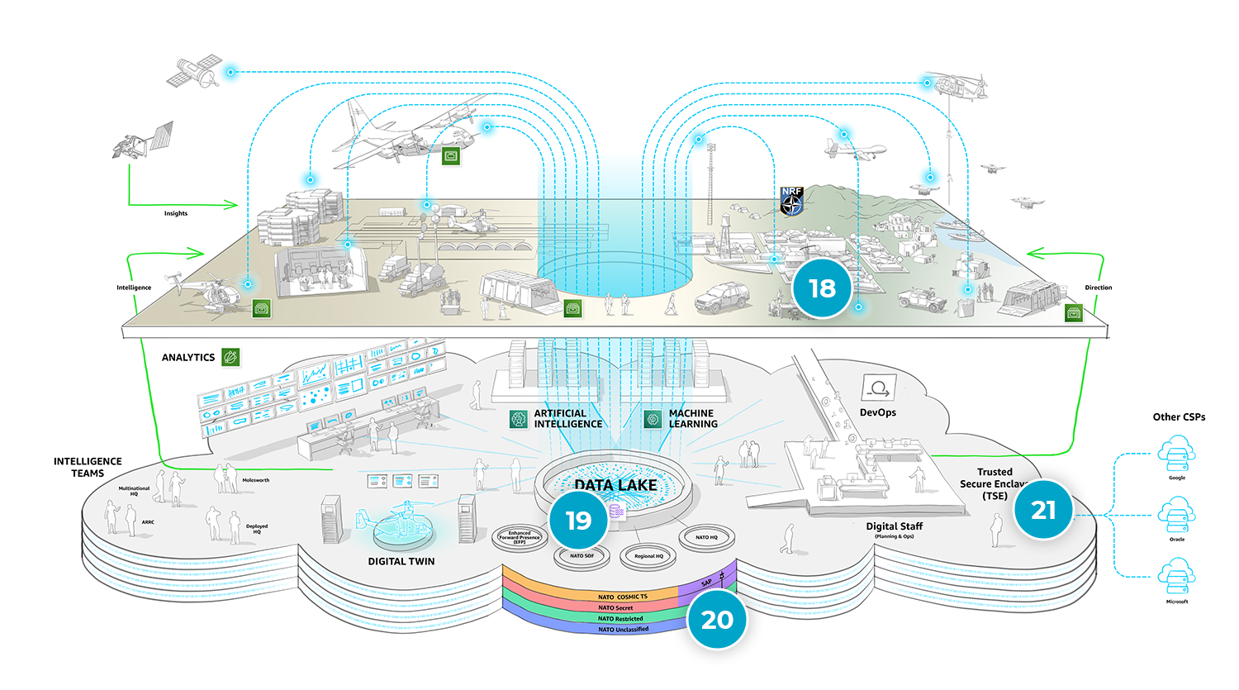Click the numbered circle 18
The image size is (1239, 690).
click(x=822, y=288)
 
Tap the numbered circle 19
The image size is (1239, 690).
click(x=578, y=521)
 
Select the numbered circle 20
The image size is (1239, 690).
click(x=716, y=620)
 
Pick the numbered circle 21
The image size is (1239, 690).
click(x=1043, y=510)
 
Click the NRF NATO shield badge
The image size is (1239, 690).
click(x=791, y=201)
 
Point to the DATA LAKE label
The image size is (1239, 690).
click(x=615, y=485)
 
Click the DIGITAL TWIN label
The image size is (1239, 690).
click(x=401, y=561)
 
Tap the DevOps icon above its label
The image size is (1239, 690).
click(x=877, y=388)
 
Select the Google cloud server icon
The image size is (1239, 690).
click(x=1176, y=454)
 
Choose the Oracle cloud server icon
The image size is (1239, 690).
click(x=1176, y=516)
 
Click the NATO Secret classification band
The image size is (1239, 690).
click(x=615, y=607)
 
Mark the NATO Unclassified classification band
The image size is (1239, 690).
click(x=623, y=630)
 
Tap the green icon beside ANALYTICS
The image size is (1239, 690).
click(x=231, y=357)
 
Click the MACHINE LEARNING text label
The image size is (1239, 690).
click(x=692, y=419)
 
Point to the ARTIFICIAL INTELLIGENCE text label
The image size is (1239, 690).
click(x=567, y=419)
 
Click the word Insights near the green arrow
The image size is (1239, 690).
click(x=175, y=213)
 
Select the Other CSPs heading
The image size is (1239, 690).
click(x=1179, y=417)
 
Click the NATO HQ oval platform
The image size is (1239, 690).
click(x=706, y=538)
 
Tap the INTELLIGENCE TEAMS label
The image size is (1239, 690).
click(x=88, y=467)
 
